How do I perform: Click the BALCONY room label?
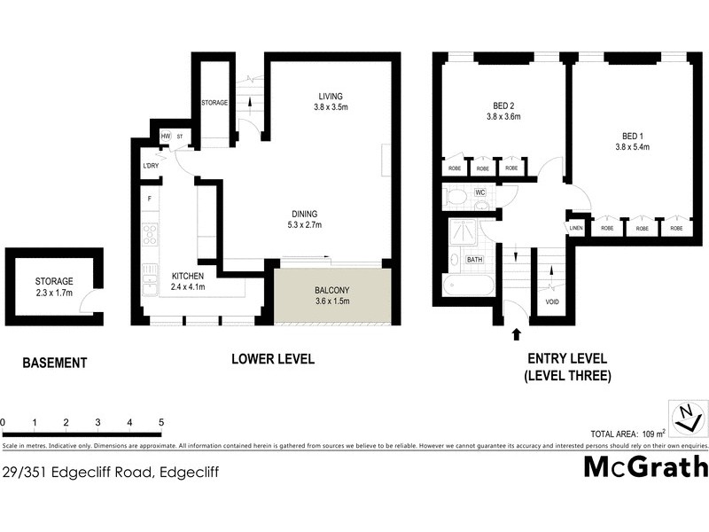coord(331,291)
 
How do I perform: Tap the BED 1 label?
coord(635,136)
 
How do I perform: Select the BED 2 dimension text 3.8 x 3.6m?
coord(503,116)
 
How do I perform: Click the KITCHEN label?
coord(187,276)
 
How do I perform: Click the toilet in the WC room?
coord(457,197)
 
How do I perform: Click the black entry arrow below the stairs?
coord(516,334)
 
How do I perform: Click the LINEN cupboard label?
coord(576,228)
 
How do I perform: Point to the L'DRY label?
coord(150,166)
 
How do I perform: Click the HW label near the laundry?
coord(166,136)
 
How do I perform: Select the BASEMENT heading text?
coord(54,363)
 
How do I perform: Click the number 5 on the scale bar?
coord(161,423)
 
